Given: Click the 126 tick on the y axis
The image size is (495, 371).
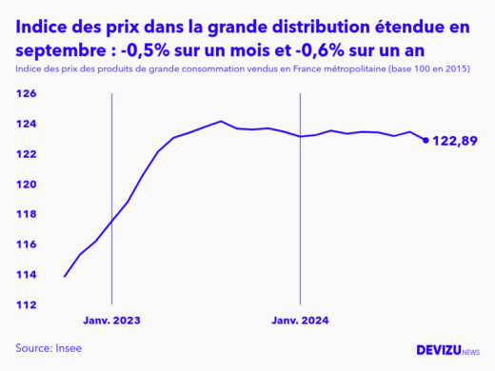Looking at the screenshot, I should click(x=26, y=94).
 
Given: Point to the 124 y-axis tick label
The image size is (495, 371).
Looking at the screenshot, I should click(x=26, y=125).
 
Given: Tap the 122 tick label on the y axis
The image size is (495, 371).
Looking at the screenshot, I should click(x=26, y=154).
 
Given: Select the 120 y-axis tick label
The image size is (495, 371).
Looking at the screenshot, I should click(x=26, y=185).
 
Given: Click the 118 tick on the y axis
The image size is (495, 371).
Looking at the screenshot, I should click(x=26, y=215).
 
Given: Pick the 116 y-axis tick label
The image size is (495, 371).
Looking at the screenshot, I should click(x=26, y=244).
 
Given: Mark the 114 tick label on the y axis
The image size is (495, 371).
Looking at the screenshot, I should click(x=26, y=275).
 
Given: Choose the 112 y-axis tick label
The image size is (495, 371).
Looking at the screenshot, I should click(x=26, y=305).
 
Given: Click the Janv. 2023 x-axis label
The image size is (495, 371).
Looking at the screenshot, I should click(x=111, y=322).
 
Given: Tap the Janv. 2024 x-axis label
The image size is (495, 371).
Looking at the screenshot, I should click(x=301, y=322).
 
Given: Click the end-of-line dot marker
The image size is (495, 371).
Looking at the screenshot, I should click(x=426, y=140).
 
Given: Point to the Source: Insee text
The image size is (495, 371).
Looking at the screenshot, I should click(x=49, y=348).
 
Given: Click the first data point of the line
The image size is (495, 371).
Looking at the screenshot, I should click(x=65, y=276).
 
